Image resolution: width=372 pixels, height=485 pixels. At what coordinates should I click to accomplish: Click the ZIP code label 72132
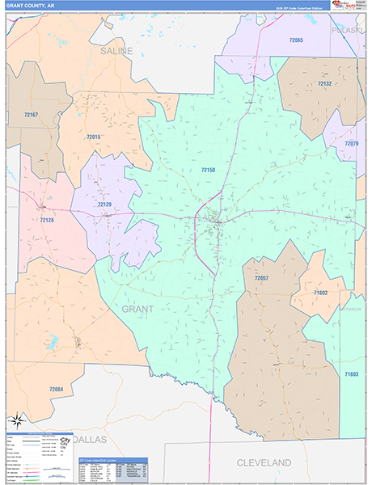tap(324, 84)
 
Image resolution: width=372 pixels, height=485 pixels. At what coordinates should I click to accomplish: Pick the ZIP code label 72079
tap(352, 143)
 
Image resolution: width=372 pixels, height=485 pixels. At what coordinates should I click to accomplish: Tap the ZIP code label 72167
tap(32, 115)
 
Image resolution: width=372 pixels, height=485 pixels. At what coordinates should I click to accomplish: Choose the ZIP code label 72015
tap(93, 137)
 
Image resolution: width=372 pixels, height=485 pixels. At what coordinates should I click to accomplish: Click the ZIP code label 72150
tap(208, 169)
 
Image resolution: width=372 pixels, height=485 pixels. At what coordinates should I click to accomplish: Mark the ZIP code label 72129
tap(104, 205)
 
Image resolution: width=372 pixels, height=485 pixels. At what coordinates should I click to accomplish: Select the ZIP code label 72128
tap(47, 219)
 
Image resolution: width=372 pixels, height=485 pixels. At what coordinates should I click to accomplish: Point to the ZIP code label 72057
tap(260, 278)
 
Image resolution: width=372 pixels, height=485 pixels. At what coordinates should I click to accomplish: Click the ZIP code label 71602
tap(320, 293)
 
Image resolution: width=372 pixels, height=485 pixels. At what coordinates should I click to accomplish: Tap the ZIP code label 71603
tap(351, 374)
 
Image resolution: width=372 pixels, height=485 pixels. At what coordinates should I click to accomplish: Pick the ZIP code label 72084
tap(55, 390)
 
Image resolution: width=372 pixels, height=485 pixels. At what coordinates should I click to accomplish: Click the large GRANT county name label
tap(137, 309)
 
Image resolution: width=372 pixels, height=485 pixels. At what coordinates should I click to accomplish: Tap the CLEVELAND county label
tap(263, 462)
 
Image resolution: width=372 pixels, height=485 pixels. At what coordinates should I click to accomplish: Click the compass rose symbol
tap(17, 420)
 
